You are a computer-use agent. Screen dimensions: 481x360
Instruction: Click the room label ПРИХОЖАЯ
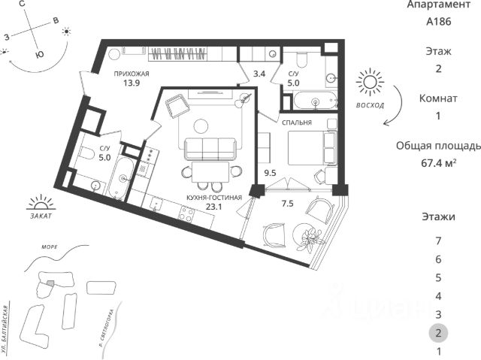(132, 74)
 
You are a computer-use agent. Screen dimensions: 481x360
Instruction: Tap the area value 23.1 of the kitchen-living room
(213, 207)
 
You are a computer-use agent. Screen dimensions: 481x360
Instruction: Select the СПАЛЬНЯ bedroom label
(297, 123)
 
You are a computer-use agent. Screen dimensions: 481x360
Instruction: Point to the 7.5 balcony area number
(287, 204)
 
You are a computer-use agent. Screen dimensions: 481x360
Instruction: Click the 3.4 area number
(259, 74)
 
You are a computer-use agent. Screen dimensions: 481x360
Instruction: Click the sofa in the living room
(210, 149)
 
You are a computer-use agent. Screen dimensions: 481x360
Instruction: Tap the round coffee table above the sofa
(201, 126)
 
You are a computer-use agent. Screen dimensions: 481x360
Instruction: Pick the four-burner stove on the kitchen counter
(187, 213)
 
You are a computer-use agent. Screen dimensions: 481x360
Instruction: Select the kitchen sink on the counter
(156, 204)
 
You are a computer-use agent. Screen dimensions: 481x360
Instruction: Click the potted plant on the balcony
(309, 237)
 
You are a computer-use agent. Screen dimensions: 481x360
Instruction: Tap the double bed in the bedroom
(312, 148)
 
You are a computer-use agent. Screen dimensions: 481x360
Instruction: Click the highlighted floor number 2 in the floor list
(438, 333)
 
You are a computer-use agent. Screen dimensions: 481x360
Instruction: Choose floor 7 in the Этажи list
(438, 241)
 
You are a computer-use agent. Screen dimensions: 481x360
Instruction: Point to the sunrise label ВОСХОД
(370, 105)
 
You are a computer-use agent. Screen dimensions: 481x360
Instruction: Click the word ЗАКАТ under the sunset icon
(41, 216)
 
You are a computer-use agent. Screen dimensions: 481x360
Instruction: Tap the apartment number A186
(438, 22)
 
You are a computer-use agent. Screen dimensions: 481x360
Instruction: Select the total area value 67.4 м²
(438, 163)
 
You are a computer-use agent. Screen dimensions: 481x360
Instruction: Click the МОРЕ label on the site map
(50, 247)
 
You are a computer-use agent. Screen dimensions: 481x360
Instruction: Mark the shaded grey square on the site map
(50, 283)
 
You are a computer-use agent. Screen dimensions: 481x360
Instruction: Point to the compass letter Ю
(39, 54)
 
